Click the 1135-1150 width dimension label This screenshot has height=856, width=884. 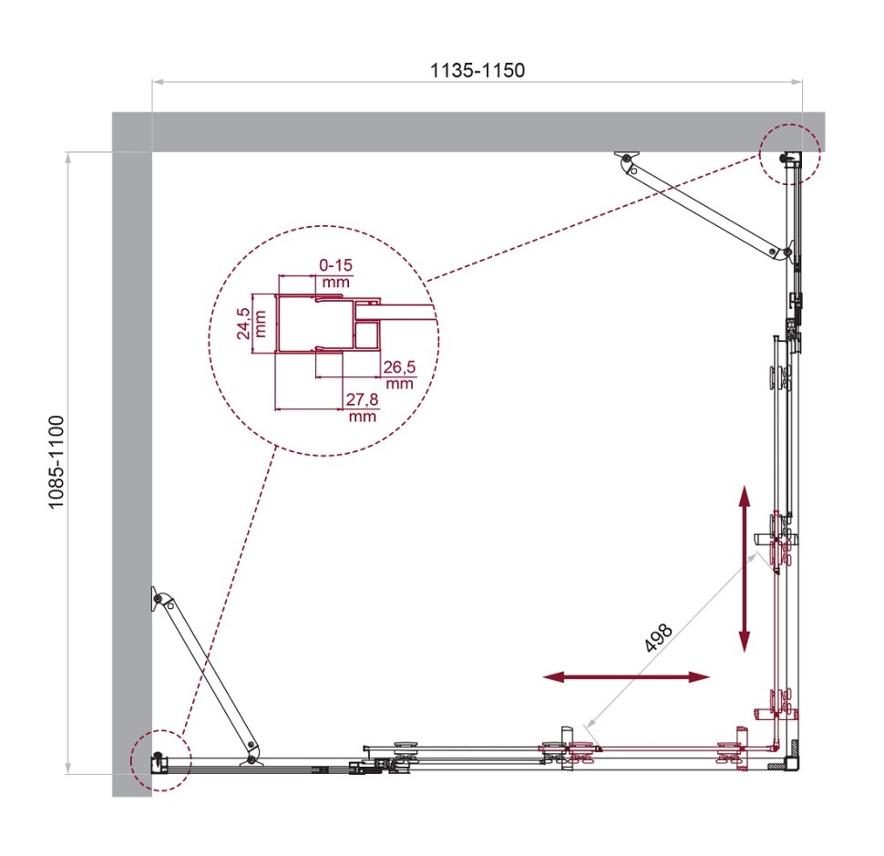(x=477, y=70)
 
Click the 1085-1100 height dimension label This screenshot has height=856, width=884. (x=56, y=462)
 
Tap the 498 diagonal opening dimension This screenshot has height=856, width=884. (x=657, y=637)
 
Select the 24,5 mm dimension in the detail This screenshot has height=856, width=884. (x=246, y=324)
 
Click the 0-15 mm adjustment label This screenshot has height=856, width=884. (x=335, y=273)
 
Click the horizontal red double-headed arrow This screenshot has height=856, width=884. (x=625, y=676)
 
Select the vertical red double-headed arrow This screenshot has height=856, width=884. (x=745, y=569)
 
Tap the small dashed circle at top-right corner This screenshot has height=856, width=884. (x=790, y=153)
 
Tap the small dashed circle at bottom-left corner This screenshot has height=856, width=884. (x=159, y=758)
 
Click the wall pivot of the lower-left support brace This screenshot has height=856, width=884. (x=159, y=599)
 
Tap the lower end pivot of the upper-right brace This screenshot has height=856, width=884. (x=775, y=252)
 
